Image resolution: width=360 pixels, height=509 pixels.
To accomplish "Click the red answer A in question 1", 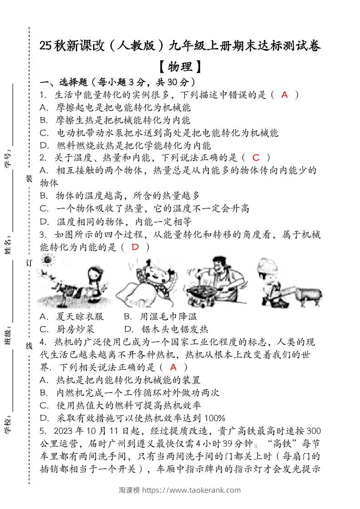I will (x=285, y=95).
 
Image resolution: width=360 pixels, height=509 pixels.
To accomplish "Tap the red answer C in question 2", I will (x=256, y=158).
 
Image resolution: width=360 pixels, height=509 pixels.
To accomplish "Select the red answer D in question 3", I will (x=135, y=247).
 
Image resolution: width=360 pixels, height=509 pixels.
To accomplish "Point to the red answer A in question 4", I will (x=173, y=367).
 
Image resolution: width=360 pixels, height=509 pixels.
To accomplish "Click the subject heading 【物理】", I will (x=180, y=67).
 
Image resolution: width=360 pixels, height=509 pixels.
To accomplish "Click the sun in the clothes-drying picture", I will (x=47, y=260).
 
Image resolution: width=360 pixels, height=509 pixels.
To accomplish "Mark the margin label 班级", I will (x=9, y=338).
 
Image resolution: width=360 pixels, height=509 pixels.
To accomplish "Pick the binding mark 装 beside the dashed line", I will (x=29, y=179).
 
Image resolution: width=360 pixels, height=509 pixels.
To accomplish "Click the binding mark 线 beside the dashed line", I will (x=29, y=346).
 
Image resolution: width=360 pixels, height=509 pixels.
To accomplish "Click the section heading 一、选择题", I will (x=63, y=82).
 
